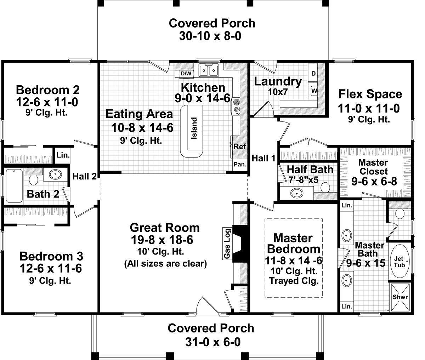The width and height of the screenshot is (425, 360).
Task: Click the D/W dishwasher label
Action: click(186, 74)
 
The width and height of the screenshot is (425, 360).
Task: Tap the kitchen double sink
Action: click(209, 70)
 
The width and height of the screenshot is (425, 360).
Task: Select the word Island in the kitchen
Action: click(194, 128)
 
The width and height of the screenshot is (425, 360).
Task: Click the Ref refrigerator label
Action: click(239, 147)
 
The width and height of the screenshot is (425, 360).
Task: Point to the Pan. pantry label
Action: click(240, 164)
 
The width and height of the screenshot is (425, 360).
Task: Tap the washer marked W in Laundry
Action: click(313, 91)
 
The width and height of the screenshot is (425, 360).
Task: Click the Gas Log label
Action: click(227, 244)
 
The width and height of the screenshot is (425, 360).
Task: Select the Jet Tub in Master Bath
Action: click(399, 261)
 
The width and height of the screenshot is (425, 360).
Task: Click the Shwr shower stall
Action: click(400, 297)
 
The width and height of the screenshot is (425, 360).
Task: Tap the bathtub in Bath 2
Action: click(14, 186)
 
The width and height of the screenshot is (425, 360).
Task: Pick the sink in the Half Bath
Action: click(296, 193)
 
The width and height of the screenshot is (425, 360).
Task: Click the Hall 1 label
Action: click(263, 158)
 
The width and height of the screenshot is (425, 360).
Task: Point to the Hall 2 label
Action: click(85, 176)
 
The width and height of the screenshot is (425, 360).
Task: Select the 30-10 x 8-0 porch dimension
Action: click(210, 36)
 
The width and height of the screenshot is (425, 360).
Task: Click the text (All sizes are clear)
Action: click(165, 264)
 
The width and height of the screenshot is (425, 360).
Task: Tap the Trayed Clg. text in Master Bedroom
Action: click(294, 281)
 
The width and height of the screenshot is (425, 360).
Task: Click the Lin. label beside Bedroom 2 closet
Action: click(63, 155)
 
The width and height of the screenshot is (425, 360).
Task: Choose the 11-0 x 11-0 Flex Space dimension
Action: click(369, 108)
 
